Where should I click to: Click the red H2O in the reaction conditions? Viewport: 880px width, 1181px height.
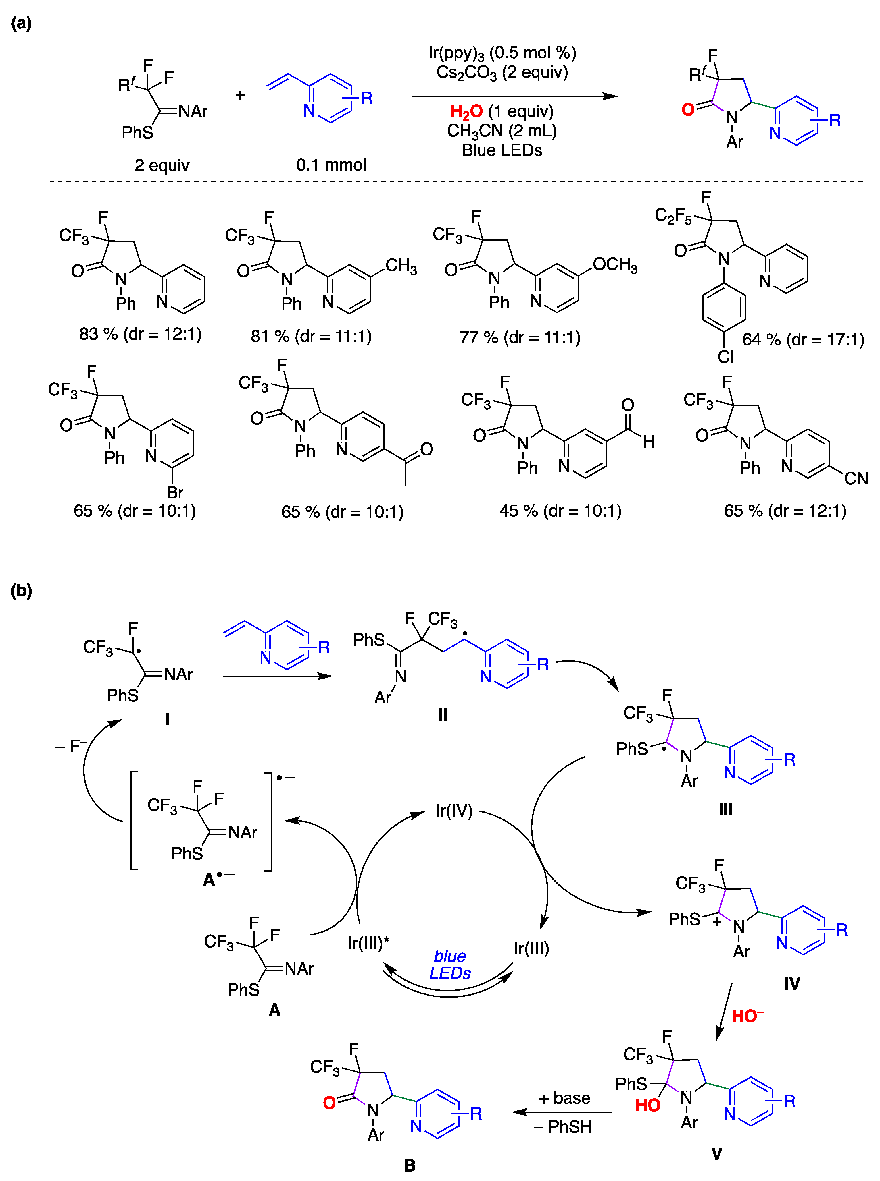point(466,111)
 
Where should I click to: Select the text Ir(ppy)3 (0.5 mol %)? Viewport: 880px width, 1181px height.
point(502,53)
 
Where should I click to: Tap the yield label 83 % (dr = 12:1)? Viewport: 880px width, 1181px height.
point(140,334)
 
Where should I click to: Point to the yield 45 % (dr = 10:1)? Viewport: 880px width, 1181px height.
point(560,511)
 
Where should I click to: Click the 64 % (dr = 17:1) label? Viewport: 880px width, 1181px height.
point(803,340)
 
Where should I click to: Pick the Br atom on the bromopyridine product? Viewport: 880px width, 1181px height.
point(175,492)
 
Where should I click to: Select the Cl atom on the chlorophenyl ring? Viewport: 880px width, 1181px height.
point(725,357)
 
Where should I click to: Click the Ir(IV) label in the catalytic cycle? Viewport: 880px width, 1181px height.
point(454,811)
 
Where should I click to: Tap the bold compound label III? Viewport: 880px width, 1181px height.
point(725,809)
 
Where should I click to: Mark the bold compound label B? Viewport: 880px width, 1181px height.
point(409,1165)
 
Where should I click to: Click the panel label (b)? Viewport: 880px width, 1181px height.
point(21,591)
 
